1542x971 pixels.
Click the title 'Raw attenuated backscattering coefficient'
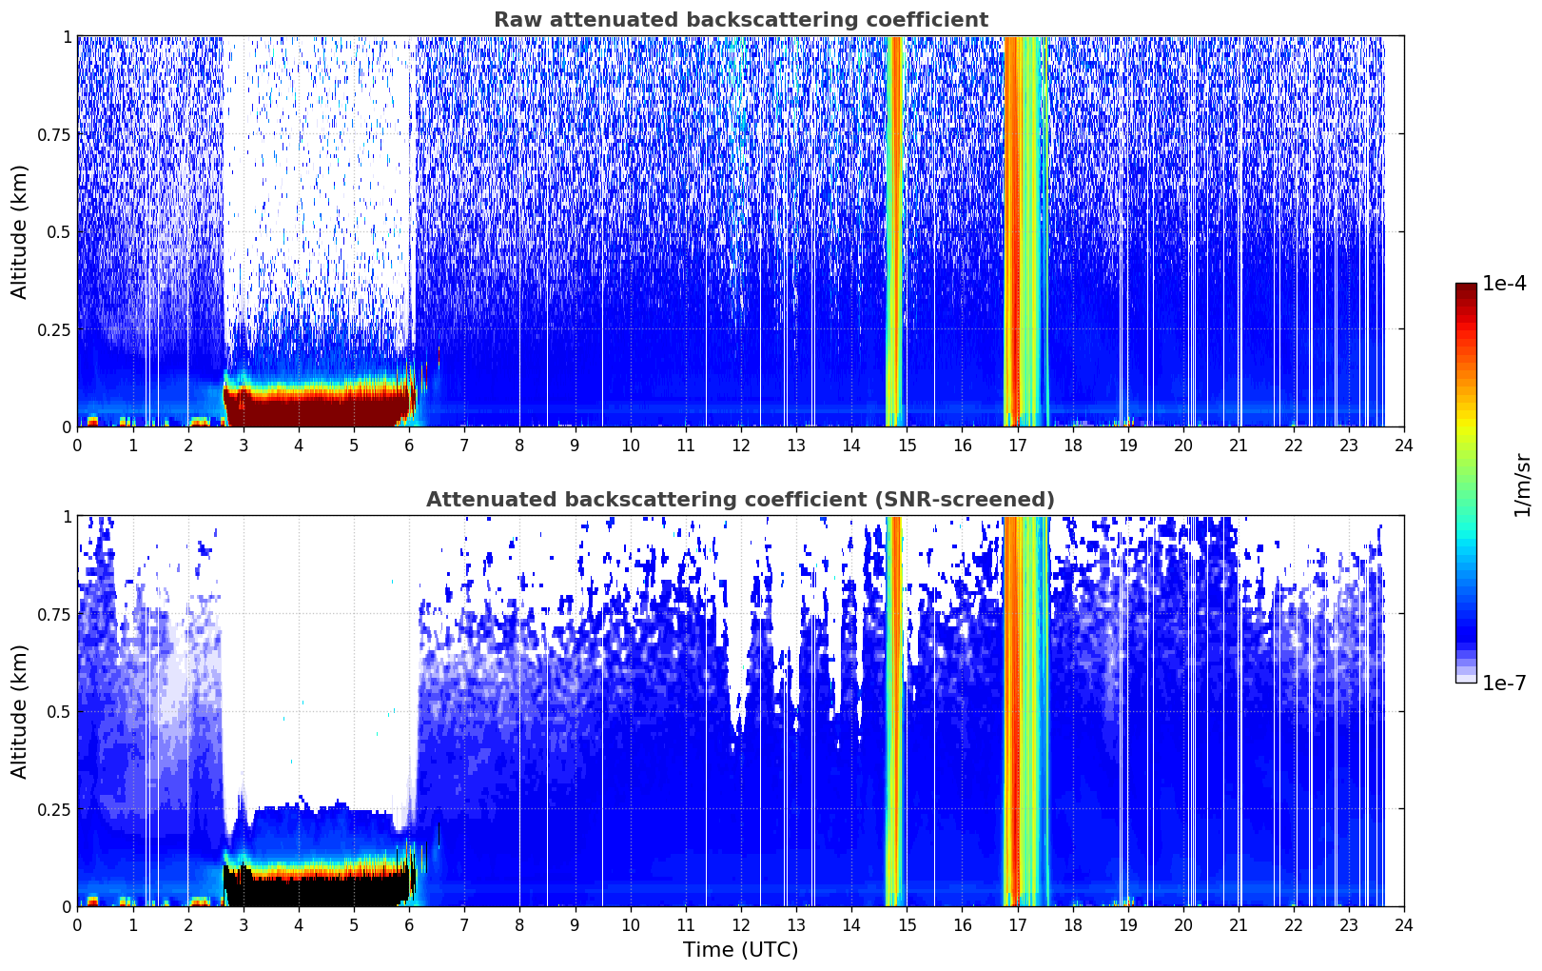[741, 19]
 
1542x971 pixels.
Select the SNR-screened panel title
[741, 499]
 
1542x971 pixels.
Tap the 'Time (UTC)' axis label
[741, 950]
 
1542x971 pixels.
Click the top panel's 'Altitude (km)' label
[19, 232]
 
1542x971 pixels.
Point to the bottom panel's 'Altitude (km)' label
[19, 712]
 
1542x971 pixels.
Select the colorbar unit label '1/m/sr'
[1522, 485]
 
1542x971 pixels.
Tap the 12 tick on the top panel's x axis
[741, 446]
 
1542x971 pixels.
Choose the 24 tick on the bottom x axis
[1404, 925]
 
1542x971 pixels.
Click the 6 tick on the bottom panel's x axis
[409, 925]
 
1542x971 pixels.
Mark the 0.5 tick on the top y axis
[59, 232]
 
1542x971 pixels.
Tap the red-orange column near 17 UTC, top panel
[1013, 230]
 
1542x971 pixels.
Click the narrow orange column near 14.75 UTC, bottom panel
[893, 711]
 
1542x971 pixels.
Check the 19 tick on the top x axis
[1127, 446]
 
